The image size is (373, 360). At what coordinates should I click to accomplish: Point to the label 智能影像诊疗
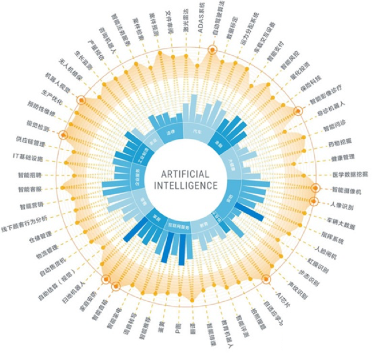click(325, 94)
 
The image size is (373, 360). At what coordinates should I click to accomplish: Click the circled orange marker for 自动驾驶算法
click(212, 51)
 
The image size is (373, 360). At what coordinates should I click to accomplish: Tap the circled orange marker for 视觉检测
click(63, 135)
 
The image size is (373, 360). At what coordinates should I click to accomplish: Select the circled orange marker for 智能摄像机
click(315, 188)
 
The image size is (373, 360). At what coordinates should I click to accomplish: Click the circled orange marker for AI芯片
click(266, 279)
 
